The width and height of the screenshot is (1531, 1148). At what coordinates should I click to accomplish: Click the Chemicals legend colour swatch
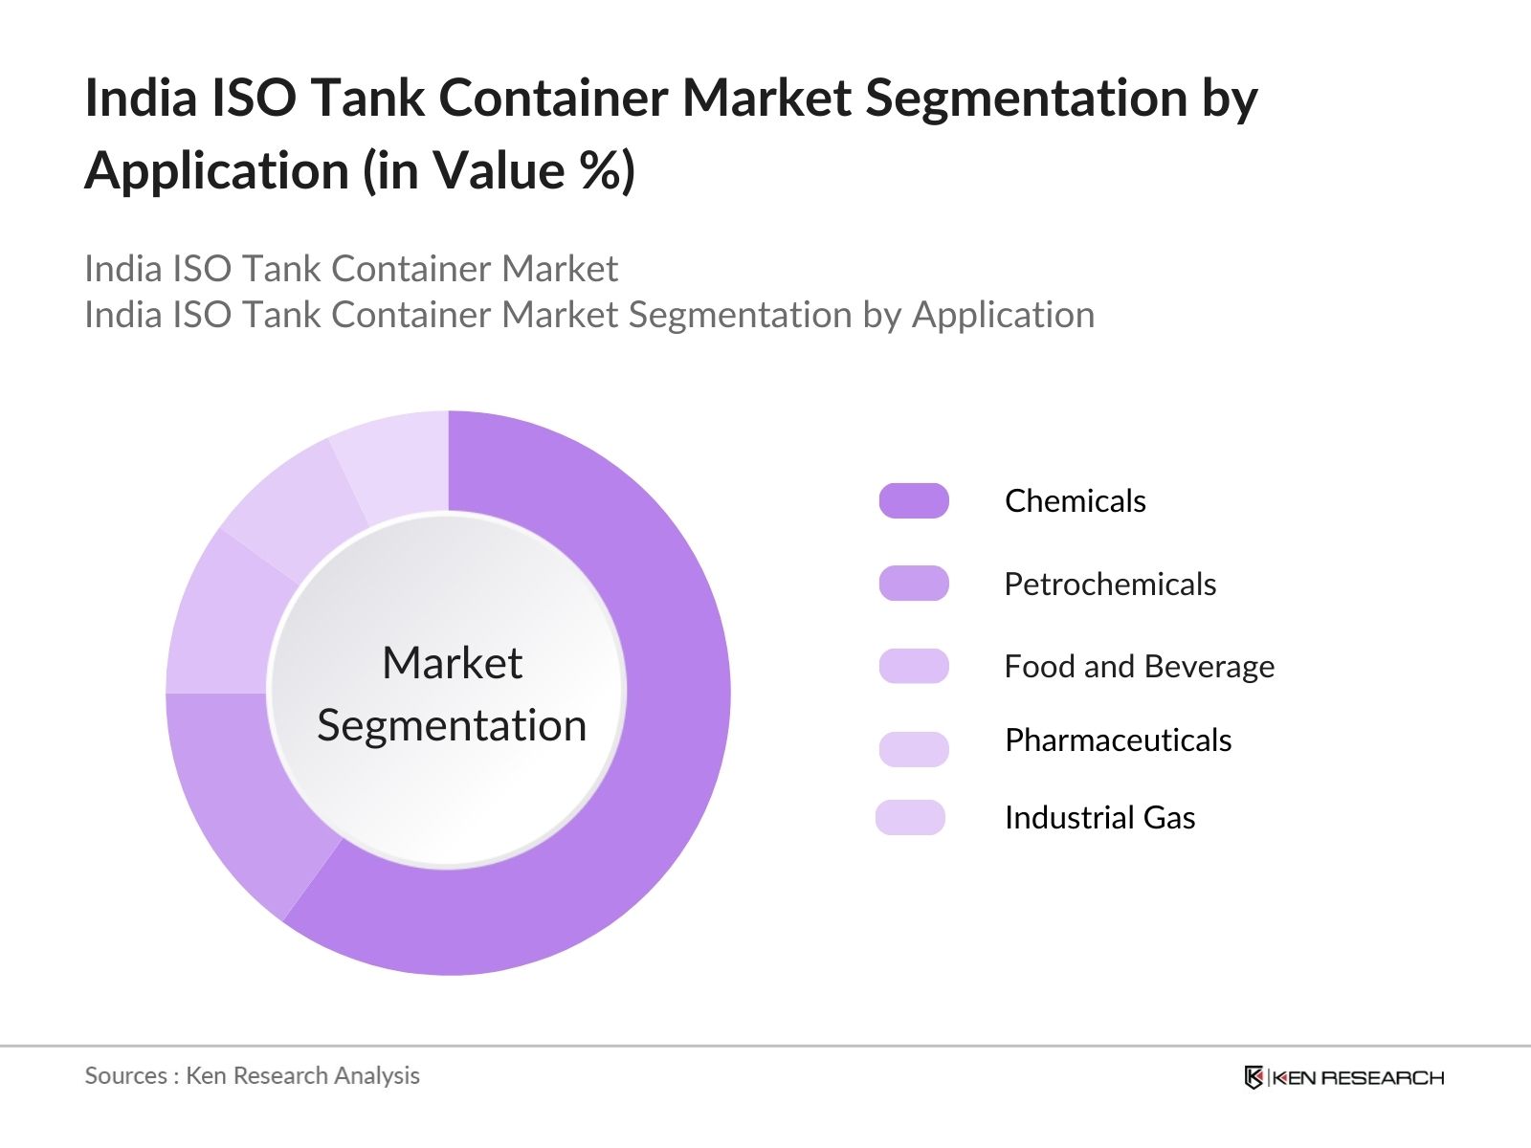pyautogui.click(x=914, y=501)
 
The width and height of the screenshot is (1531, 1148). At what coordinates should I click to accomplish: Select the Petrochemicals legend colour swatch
pyautogui.click(x=914, y=584)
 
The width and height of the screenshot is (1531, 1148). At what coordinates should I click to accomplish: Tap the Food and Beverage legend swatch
pyautogui.click(x=914, y=666)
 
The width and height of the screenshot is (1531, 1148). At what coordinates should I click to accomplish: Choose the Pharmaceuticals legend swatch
pyautogui.click(x=914, y=748)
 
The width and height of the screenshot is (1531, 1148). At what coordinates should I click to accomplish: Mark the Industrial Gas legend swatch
pyautogui.click(x=910, y=818)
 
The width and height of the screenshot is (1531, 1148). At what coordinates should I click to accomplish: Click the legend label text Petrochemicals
pyautogui.click(x=1110, y=584)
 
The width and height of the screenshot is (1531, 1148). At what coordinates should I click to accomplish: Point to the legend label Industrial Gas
pyautogui.click(x=1099, y=818)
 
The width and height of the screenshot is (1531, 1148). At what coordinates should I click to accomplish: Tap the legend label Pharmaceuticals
pyautogui.click(x=1118, y=740)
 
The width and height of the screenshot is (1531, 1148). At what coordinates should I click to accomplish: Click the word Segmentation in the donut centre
pyautogui.click(x=452, y=725)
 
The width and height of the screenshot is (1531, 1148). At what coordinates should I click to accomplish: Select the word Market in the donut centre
pyautogui.click(x=452, y=663)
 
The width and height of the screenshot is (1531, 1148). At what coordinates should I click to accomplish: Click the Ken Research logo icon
pyautogui.click(x=1254, y=1077)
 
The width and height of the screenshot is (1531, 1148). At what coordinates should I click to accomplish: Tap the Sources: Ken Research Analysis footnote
pyautogui.click(x=252, y=1075)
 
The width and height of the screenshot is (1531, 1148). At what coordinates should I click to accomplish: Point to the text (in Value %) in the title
pyautogui.click(x=499, y=171)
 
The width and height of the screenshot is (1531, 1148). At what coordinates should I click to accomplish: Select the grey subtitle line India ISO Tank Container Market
pyautogui.click(x=351, y=269)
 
